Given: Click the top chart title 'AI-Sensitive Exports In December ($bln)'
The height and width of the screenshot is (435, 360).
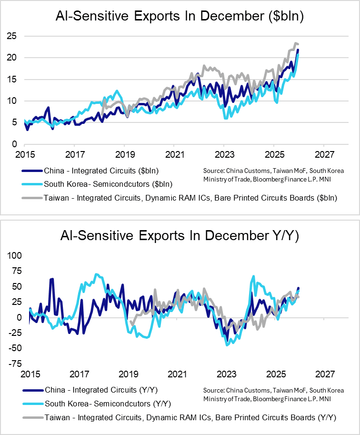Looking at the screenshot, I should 180,17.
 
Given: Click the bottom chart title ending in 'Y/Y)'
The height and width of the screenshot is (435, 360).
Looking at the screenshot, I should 180,236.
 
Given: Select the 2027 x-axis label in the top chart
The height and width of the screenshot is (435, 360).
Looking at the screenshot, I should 323,156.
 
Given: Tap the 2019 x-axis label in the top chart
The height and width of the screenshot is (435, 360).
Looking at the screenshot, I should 124,156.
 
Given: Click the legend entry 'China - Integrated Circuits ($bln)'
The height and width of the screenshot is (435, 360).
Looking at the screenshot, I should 101,171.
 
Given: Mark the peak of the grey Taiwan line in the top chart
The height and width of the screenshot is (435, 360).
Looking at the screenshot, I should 296,43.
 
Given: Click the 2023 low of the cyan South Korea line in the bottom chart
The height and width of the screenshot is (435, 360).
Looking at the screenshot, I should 227,345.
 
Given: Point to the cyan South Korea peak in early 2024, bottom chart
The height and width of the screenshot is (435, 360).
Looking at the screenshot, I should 253,276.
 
